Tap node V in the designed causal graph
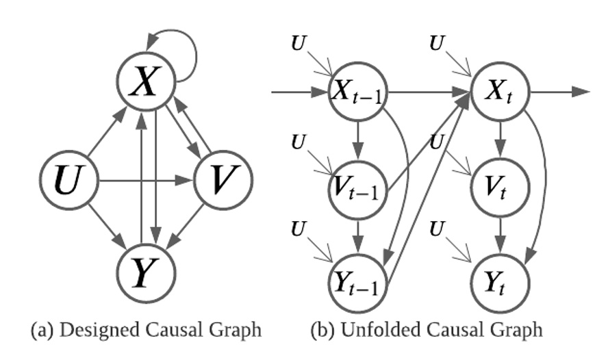point(223,181)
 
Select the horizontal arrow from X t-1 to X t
point(428,92)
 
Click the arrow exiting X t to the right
point(558,92)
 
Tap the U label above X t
point(435,44)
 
